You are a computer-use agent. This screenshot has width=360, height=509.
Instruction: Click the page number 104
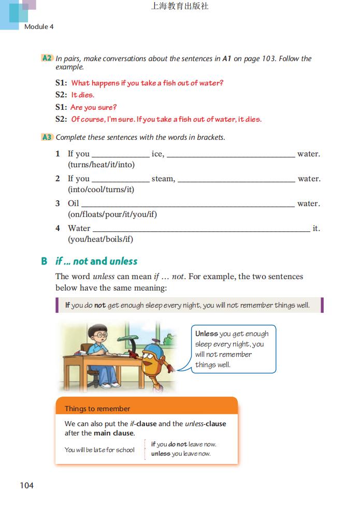pos(26,485)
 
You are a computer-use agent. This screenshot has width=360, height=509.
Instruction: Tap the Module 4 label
pos(39,26)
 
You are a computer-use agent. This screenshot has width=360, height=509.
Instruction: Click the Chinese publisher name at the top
pos(179,7)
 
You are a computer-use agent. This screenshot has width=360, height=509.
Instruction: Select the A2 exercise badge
pos(47,59)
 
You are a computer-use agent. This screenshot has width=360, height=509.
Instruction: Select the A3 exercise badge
pos(47,137)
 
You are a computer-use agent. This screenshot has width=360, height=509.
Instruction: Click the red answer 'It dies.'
pos(83,95)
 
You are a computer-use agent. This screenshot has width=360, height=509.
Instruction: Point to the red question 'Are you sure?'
pos(94,107)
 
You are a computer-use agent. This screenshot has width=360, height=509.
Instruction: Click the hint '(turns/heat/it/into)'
pos(101,165)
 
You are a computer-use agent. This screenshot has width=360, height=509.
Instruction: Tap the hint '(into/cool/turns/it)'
pos(101,190)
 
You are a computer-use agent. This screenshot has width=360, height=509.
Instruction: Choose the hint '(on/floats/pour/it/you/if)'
pos(112,214)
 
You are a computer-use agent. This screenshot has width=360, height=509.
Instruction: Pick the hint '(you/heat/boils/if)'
pos(100,239)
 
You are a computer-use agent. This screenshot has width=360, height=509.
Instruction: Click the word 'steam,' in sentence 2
pos(163,179)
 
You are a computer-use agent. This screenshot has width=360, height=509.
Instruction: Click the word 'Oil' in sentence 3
pos(74,203)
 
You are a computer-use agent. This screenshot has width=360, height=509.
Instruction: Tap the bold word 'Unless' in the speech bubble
pos(206,334)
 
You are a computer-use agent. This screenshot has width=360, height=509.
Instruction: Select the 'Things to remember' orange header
pos(97,409)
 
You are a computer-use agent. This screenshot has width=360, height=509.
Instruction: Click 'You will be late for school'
pos(99,449)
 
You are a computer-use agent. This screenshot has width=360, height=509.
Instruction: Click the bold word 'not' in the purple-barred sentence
pos(100,306)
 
